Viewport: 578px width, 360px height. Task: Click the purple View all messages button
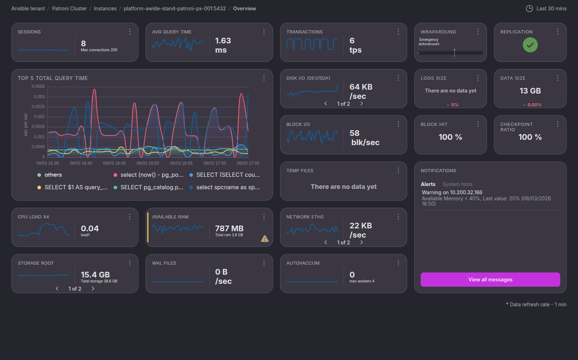[x=490, y=280]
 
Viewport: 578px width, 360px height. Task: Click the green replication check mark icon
[x=530, y=45]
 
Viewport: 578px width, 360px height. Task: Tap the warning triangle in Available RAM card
[x=264, y=239]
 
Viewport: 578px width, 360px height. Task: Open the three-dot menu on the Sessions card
[x=130, y=32]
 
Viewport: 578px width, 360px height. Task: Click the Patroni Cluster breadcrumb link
[x=69, y=9]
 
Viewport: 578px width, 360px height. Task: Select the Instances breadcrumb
[x=105, y=9]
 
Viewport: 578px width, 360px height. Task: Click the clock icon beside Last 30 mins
[x=529, y=9]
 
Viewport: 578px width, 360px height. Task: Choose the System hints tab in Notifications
[x=457, y=184]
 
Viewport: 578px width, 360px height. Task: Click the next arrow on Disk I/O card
[x=362, y=104]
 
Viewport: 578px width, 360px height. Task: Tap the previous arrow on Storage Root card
[x=57, y=288]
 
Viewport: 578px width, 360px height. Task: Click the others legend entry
[x=53, y=175]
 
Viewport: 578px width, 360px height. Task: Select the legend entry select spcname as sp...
[x=228, y=187]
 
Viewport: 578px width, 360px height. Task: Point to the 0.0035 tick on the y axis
[x=38, y=86]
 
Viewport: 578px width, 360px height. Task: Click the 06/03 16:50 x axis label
[x=148, y=163]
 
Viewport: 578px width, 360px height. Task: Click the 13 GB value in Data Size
[x=530, y=91]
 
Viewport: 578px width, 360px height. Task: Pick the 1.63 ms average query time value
[x=223, y=46]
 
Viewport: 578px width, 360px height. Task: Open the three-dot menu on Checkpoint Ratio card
[x=557, y=125]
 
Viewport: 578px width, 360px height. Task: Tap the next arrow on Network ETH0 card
[x=362, y=242]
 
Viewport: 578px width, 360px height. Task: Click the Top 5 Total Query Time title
[x=53, y=78]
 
